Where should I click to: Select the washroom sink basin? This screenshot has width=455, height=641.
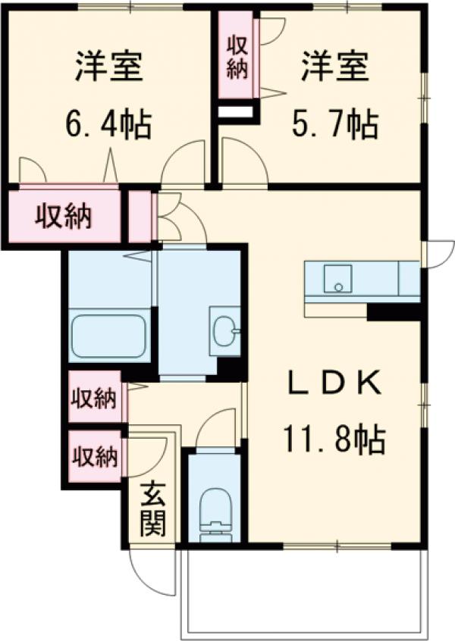(225, 330)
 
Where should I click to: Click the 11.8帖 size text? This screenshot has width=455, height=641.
(334, 438)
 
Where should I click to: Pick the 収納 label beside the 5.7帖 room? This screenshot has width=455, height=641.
(237, 58)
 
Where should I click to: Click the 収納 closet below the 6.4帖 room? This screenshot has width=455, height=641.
(64, 217)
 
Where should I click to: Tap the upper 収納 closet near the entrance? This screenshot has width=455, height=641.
(95, 398)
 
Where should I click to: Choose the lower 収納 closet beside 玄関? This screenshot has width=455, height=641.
(95, 457)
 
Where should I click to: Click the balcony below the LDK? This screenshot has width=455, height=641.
(303, 591)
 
